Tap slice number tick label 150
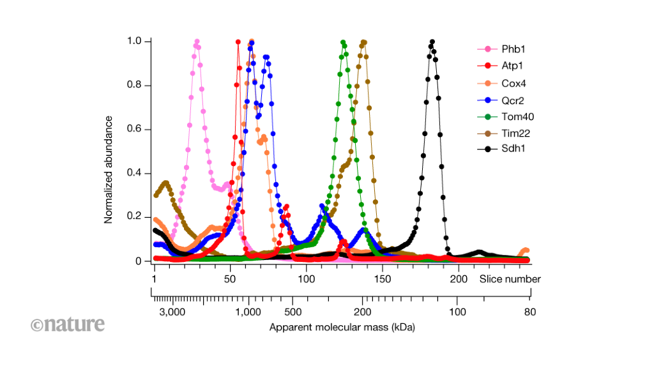tap(382, 279)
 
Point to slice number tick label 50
tap(230, 279)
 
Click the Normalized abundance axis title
tap(109, 169)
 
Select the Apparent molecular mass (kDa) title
tap(342, 328)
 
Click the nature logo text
tap(68, 325)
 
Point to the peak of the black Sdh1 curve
tap(432, 42)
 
